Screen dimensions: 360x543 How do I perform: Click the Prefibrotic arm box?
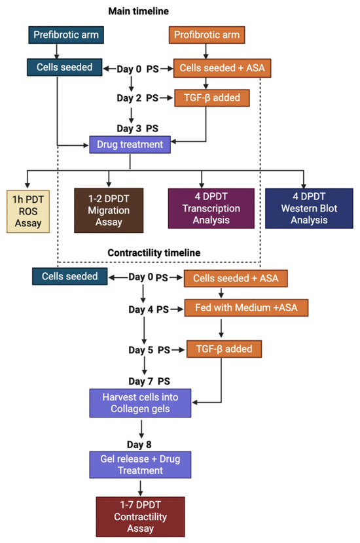[66, 35]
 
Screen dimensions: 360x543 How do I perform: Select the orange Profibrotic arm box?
[207, 35]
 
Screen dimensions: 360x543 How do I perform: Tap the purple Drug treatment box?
[130, 145]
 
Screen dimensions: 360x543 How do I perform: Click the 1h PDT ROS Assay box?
[28, 211]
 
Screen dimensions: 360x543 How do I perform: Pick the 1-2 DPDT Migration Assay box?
[109, 210]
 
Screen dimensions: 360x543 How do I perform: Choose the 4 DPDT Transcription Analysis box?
[211, 209]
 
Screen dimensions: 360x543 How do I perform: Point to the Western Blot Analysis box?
[309, 209]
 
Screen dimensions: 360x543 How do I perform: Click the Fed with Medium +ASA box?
[246, 308]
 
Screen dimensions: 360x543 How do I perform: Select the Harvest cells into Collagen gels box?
[140, 403]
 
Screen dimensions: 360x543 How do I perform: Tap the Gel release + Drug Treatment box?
[140, 464]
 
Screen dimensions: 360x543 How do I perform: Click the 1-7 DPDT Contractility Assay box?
[140, 517]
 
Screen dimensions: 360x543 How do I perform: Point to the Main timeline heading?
[139, 11]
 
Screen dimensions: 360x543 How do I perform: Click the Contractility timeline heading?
[154, 253]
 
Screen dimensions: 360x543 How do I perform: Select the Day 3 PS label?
[137, 128]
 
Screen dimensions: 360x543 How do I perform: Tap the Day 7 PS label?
[149, 381]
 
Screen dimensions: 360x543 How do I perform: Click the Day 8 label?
[139, 444]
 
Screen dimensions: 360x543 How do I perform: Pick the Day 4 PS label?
[149, 309]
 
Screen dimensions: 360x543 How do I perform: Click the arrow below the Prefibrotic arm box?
[56, 51]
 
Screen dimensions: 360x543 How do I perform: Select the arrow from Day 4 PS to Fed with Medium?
[177, 309]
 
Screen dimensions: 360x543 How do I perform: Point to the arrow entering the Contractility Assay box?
[140, 487]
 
